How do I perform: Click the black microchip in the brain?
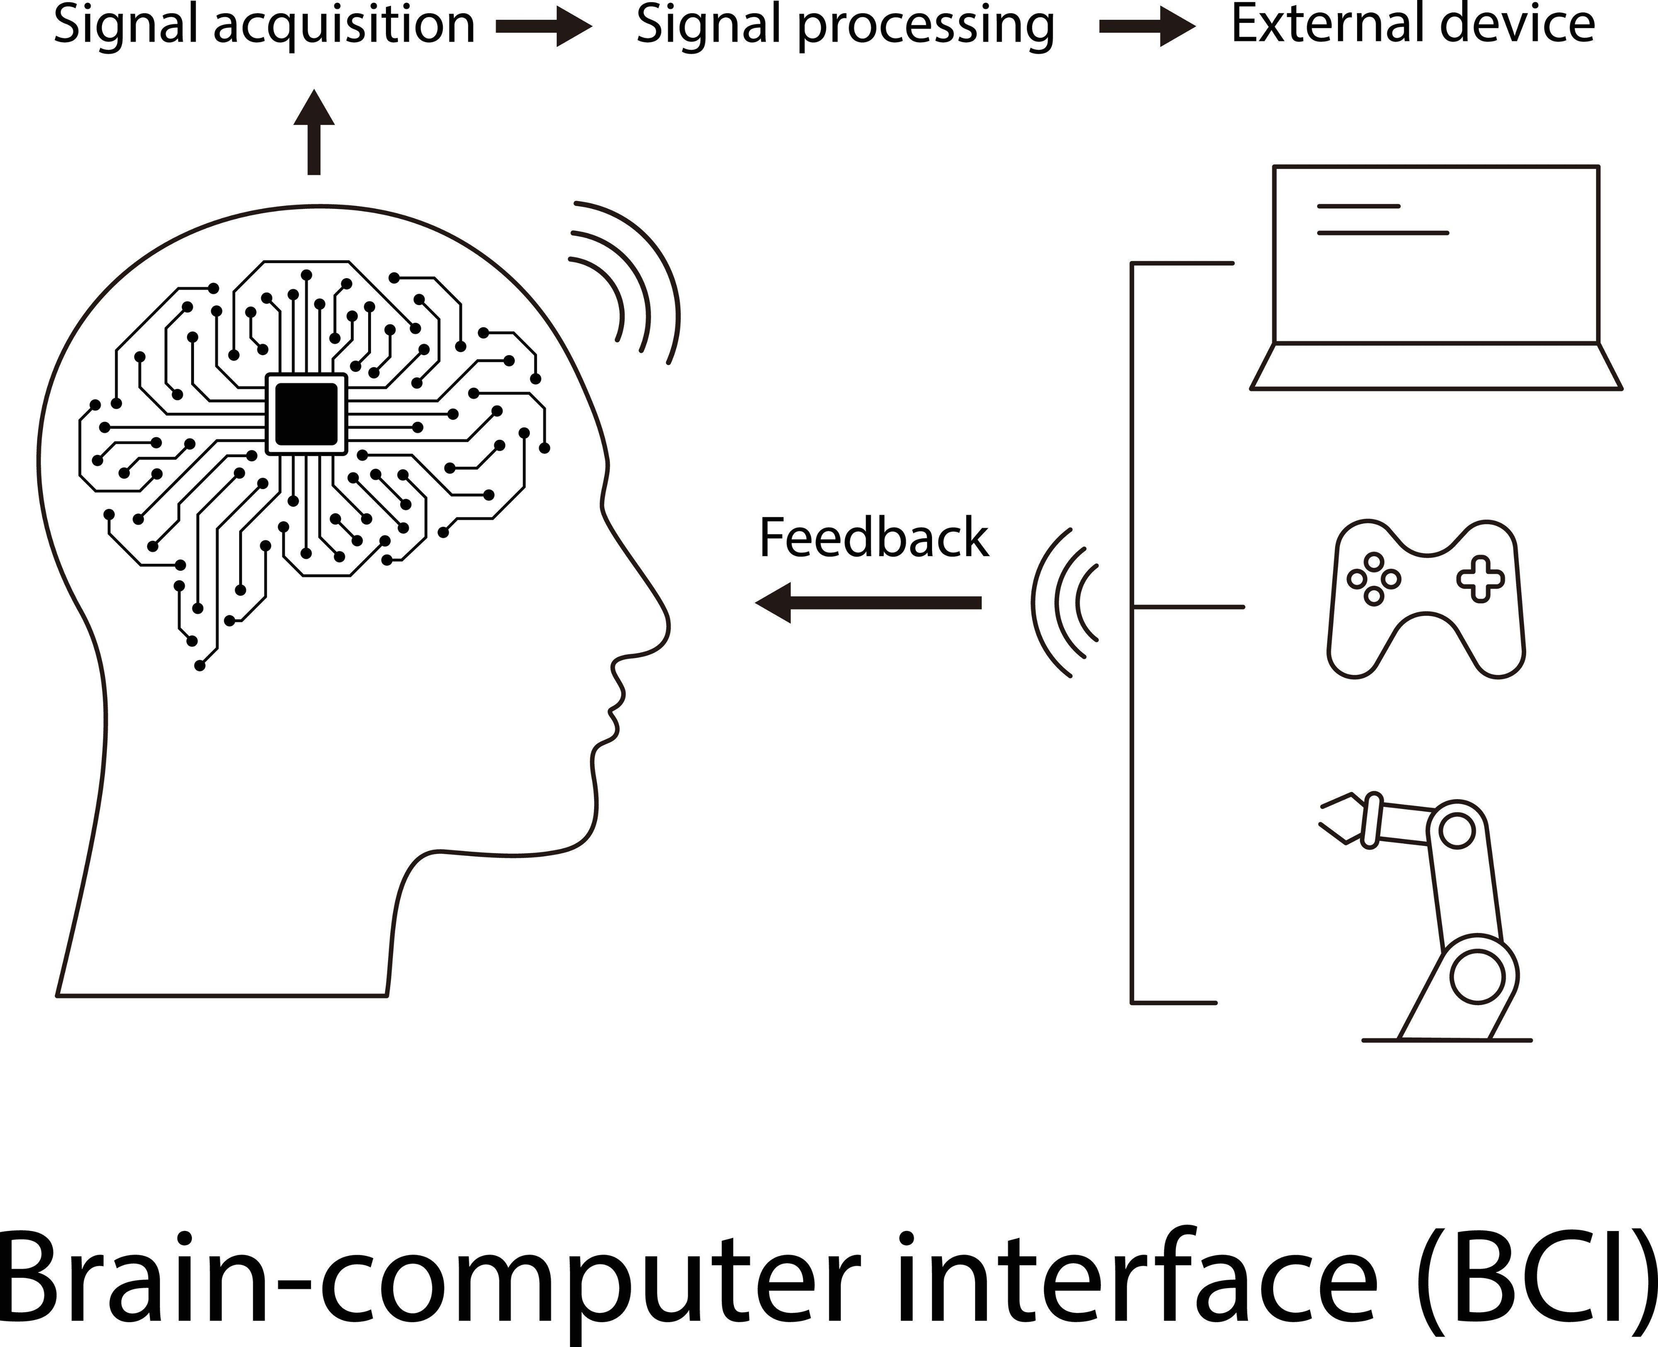point(307,414)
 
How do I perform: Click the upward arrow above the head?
point(313,132)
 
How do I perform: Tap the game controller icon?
point(1426,599)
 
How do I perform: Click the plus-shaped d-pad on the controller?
point(1480,579)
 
